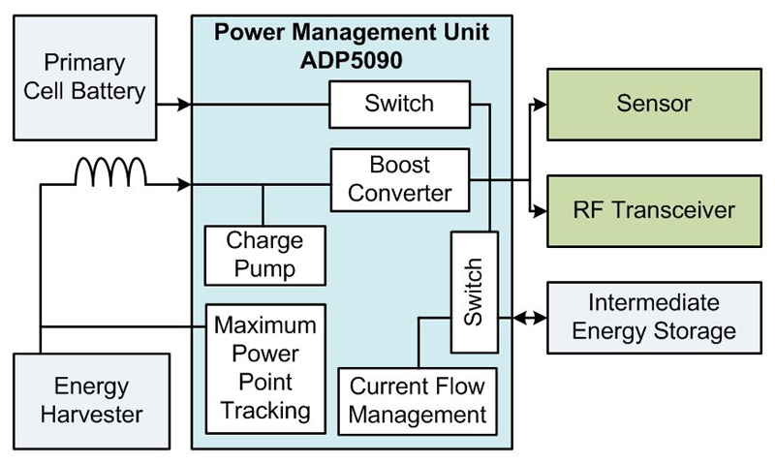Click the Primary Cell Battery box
click(x=85, y=77)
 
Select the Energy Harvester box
click(x=91, y=401)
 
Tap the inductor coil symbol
click(x=110, y=172)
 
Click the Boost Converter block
click(x=399, y=179)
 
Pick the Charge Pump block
click(x=263, y=255)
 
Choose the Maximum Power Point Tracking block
click(x=265, y=365)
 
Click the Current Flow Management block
click(x=417, y=401)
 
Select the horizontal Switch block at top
click(x=399, y=104)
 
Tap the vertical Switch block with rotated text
click(x=474, y=292)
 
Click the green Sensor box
click(x=654, y=104)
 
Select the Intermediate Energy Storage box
click(x=654, y=318)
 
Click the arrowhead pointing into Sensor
click(x=540, y=104)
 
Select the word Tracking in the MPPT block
click(x=265, y=409)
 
